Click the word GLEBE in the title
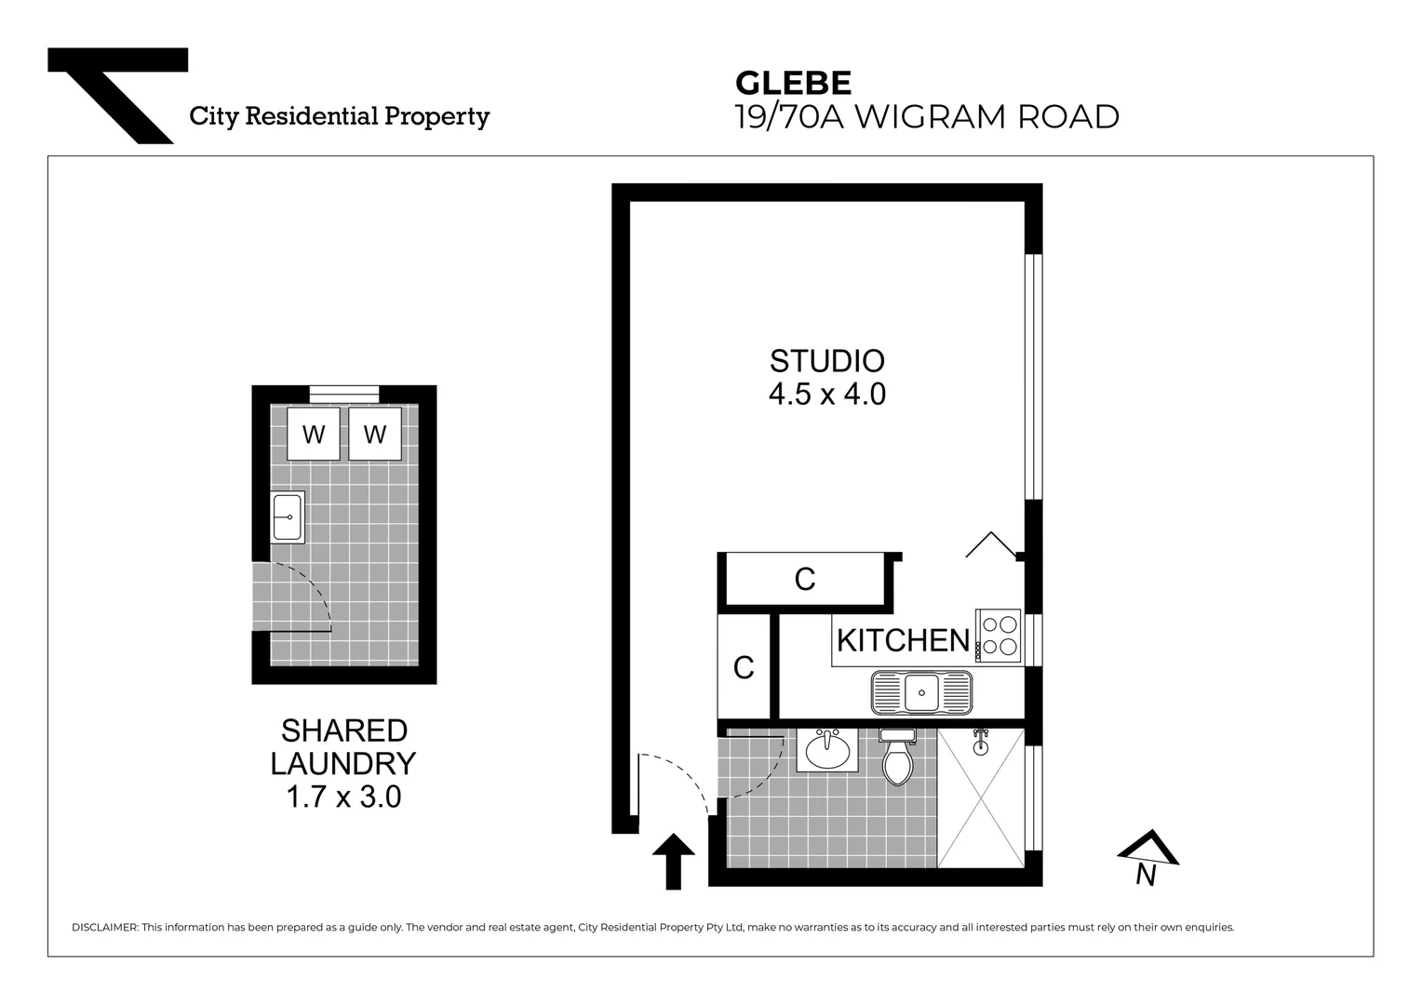point(793,83)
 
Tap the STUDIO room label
point(826,360)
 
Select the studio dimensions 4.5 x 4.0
point(826,395)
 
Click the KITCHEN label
point(903,640)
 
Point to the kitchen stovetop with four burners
point(999,636)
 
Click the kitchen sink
point(921,692)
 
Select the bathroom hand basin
point(827,750)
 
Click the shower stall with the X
point(981,798)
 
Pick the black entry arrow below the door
point(674,860)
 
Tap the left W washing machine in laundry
point(314,434)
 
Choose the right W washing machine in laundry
point(375,434)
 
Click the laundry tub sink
point(288,516)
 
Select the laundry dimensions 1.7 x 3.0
point(343,797)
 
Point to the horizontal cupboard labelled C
point(804,579)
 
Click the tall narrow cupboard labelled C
point(744,666)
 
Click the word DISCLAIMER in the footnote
point(104,928)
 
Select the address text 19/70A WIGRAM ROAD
point(926,117)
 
